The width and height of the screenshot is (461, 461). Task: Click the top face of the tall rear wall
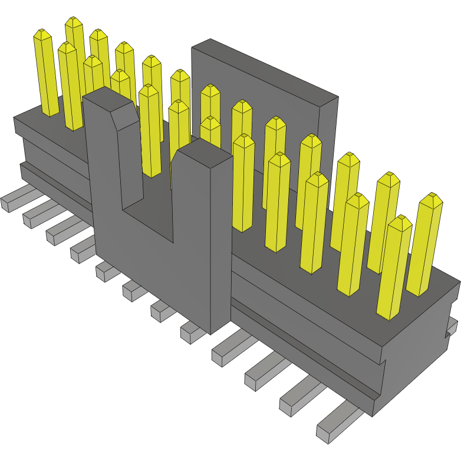click(265, 68)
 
